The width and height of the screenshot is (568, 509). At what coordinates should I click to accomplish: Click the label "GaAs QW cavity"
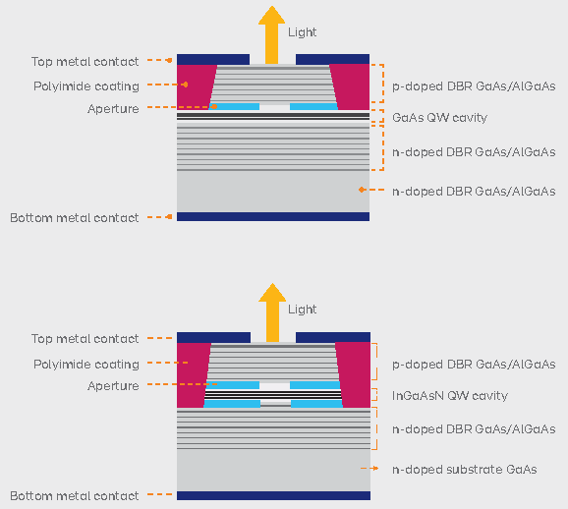439,118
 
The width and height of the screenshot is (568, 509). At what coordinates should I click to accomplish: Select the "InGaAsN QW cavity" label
450,396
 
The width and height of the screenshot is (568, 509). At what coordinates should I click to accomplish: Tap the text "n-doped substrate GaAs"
465,470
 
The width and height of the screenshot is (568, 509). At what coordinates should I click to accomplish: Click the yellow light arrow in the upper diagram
271,34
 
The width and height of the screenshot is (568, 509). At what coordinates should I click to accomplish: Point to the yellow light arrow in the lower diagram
272,312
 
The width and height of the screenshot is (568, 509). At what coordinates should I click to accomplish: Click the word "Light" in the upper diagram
302,32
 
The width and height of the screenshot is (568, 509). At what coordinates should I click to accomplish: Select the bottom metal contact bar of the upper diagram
273,216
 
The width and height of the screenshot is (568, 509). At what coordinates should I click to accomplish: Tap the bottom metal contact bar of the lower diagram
273,495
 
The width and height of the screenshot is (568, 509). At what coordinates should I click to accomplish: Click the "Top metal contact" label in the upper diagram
85,62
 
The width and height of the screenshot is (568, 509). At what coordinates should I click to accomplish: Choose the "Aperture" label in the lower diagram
113,386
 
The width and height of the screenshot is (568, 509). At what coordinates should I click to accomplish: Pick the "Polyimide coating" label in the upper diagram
86,86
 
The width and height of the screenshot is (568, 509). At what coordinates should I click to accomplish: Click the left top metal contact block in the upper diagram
213,59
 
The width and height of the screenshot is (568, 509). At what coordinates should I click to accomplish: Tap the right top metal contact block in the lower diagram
333,337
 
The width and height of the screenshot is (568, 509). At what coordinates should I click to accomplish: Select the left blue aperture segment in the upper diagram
235,106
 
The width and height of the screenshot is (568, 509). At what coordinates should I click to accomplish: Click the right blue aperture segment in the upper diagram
313,106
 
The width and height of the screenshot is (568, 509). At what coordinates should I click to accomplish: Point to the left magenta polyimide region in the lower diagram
192,375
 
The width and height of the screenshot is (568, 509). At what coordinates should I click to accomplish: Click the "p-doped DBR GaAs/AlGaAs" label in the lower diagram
474,365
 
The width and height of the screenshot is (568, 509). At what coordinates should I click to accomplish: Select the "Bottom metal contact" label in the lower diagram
75,496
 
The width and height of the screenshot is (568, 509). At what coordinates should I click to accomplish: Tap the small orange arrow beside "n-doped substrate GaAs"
369,469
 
